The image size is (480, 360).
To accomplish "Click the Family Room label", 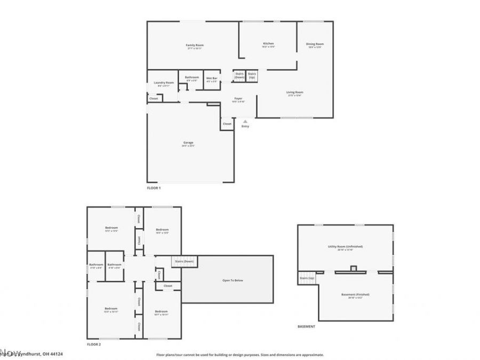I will click(195, 45).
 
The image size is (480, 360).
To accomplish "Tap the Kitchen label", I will click(268, 43).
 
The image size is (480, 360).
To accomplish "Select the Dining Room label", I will click(315, 44).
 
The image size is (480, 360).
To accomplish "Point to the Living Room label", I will click(294, 93).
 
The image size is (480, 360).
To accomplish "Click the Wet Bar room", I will click(212, 80).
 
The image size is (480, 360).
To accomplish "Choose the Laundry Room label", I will click(164, 83).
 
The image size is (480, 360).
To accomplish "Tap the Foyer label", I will click(238, 99).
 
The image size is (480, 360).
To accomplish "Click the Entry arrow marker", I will click(245, 122).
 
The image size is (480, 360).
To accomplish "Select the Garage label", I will click(188, 142).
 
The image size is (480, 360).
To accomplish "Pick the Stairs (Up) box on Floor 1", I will click(252, 76).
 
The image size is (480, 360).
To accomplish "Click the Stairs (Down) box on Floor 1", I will click(239, 76).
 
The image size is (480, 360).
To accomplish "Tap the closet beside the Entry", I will click(227, 124).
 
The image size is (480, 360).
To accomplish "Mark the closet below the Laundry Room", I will click(154, 99).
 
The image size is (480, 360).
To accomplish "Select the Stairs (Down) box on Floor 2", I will click(183, 261).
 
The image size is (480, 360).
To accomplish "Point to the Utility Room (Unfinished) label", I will click(345, 246).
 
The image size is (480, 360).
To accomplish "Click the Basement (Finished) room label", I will click(355, 294).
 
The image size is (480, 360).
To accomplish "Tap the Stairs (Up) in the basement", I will click(307, 278).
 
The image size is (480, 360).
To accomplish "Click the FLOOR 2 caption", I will click(94, 345).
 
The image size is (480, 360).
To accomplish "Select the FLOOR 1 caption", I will click(154, 188).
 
